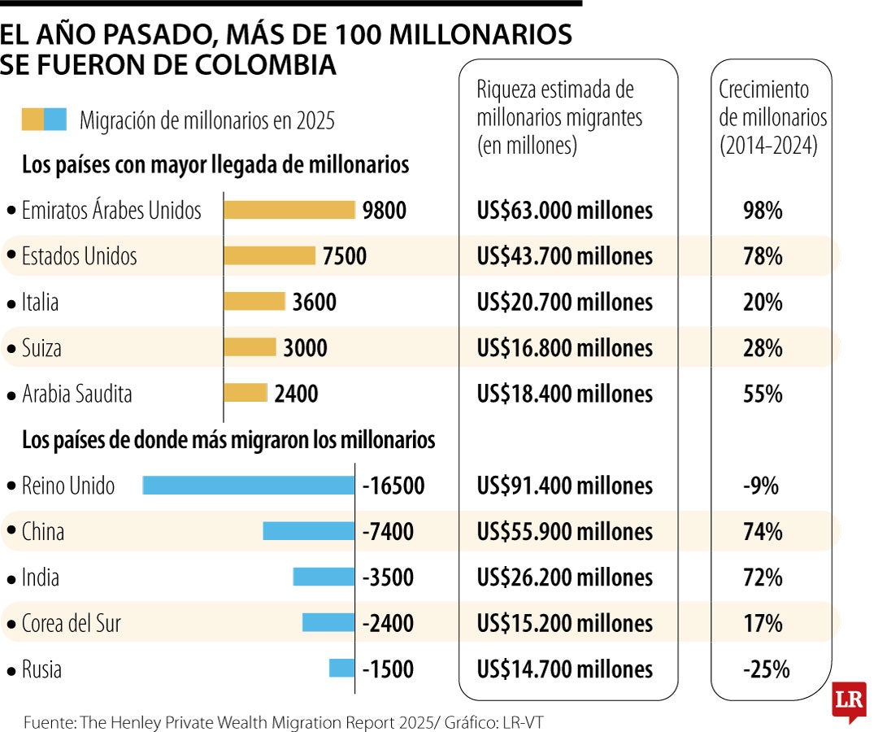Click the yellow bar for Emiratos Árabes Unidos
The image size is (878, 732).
289,210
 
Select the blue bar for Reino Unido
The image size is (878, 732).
249,486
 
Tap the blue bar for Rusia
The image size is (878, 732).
341,669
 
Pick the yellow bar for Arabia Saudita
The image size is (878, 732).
245,394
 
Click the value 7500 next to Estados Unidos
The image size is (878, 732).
344,256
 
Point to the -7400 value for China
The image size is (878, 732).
388,532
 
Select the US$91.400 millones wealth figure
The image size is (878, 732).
564,486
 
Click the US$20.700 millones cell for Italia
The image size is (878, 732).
564,303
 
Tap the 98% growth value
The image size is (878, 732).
762,211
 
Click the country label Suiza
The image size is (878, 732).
41,348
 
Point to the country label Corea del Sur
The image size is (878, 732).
71,624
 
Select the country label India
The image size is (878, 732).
40,577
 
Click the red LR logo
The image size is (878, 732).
849,699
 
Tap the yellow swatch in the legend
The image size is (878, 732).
33,120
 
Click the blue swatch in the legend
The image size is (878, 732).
55,120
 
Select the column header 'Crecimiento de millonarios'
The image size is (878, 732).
772,117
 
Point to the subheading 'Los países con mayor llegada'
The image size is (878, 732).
215,165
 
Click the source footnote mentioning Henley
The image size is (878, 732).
280,721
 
